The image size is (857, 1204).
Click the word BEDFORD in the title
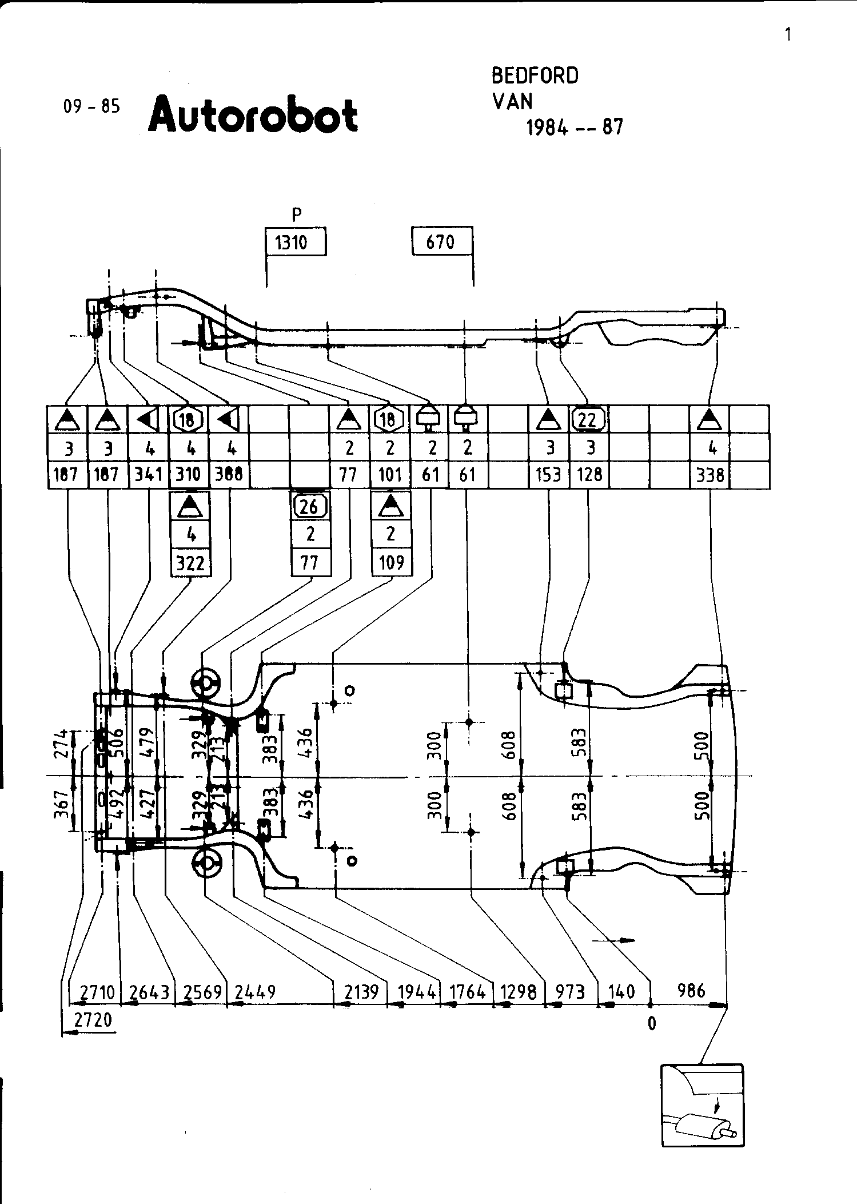[x=535, y=76]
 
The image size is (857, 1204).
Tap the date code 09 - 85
[x=91, y=106]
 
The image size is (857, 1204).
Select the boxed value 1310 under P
[x=292, y=243]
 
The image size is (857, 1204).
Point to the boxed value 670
[x=440, y=242]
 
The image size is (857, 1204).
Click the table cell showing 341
[x=148, y=475]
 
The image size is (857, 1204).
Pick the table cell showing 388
[x=229, y=475]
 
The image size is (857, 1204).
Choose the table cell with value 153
[x=548, y=475]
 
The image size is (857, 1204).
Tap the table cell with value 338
[x=710, y=475]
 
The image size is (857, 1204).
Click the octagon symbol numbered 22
[x=588, y=420]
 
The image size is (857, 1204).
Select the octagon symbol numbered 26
[x=310, y=506]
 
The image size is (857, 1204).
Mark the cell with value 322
[x=190, y=563]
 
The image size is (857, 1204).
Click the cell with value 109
[x=391, y=563]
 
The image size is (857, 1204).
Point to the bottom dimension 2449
[x=256, y=992]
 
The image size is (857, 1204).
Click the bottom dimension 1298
[x=518, y=992]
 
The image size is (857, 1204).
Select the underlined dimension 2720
[x=94, y=1020]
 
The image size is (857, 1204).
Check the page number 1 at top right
[x=788, y=35]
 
